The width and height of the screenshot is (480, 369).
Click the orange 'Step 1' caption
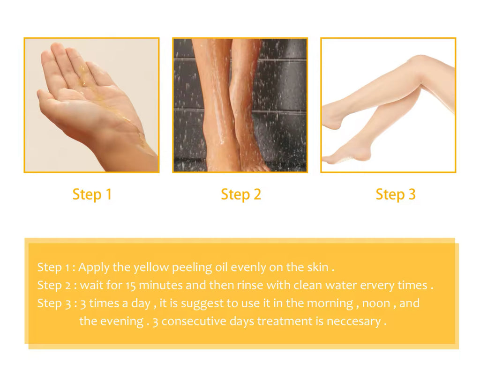click(92, 194)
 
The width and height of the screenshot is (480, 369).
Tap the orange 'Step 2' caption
click(241, 194)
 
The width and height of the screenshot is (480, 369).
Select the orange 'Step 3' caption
click(396, 194)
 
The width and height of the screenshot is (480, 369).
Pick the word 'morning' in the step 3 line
click(330, 304)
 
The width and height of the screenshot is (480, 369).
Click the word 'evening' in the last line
click(121, 322)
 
